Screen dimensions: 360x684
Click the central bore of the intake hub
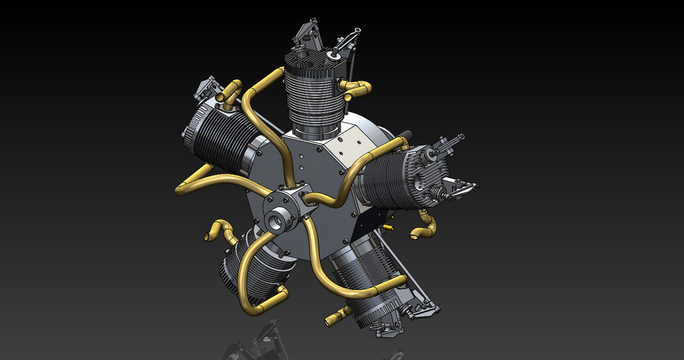(277, 221)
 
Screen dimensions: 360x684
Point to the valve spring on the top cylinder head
(333, 53)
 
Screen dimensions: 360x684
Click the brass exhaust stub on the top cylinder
(356, 88)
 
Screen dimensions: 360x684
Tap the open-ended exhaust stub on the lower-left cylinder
(217, 232)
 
